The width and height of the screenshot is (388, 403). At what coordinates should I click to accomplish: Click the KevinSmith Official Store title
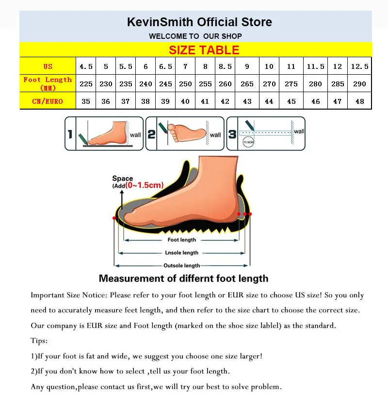(199, 22)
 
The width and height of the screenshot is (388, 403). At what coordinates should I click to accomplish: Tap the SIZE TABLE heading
(204, 50)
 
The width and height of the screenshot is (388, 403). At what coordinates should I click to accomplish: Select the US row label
(48, 66)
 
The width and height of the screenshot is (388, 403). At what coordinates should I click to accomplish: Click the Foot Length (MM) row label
(48, 83)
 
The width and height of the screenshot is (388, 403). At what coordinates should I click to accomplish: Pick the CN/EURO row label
(48, 101)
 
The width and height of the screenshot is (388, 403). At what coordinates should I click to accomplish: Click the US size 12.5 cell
(359, 66)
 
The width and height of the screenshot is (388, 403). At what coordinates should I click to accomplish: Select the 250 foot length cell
(185, 84)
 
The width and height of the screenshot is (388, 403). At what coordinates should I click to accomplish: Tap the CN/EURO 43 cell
(247, 101)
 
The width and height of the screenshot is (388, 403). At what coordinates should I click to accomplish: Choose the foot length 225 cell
(86, 84)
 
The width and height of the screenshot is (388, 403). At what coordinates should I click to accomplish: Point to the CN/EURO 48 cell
(359, 101)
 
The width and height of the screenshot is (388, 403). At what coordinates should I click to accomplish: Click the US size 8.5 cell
(225, 66)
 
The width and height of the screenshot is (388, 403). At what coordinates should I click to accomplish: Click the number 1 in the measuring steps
(70, 133)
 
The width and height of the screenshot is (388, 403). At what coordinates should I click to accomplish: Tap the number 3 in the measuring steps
(232, 133)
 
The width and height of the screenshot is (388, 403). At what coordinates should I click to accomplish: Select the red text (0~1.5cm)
(144, 185)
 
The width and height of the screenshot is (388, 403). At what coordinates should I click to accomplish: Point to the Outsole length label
(181, 265)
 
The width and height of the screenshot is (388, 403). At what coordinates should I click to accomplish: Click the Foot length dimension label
(181, 240)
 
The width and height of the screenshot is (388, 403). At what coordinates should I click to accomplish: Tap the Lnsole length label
(181, 253)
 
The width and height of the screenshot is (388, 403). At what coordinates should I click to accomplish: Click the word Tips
(39, 341)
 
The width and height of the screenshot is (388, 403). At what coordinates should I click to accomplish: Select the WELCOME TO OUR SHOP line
(195, 36)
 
